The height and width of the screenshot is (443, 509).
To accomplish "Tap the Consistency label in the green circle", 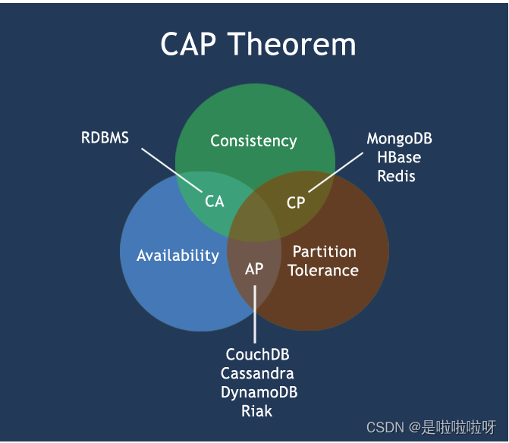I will (x=253, y=141).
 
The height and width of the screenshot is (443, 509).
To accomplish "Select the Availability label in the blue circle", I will (x=178, y=256).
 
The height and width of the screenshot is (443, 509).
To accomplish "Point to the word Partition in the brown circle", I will (x=324, y=252).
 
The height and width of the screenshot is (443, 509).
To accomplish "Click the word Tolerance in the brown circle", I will (x=323, y=270).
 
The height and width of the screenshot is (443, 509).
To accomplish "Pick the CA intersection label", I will (x=215, y=202).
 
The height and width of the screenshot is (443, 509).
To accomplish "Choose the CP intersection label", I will (x=296, y=203).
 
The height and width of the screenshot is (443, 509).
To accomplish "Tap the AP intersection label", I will (x=254, y=269).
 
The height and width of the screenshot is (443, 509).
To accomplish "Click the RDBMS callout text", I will (x=105, y=138).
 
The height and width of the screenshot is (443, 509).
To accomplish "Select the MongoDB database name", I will (x=399, y=139).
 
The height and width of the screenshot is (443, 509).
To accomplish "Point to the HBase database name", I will (x=399, y=158).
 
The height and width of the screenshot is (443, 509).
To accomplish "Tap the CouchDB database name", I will (x=258, y=355).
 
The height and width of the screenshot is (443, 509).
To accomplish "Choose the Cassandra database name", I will (x=258, y=374).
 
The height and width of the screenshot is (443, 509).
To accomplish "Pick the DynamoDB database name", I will (x=259, y=393).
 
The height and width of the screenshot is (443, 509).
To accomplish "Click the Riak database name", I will (x=257, y=412).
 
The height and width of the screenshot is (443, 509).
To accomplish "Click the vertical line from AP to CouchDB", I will (x=255, y=315).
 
